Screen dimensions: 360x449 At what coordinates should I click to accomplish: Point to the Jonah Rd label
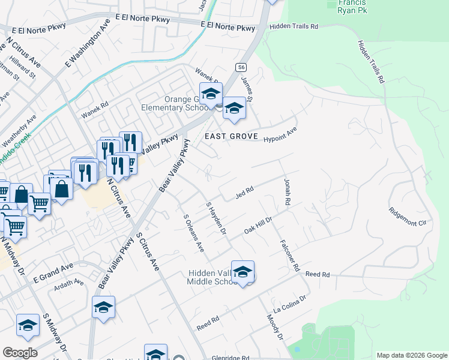286,194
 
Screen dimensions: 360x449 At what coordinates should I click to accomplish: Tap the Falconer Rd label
289,256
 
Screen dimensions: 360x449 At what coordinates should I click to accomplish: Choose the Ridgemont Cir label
411,217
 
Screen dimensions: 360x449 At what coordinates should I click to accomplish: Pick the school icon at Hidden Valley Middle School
243,272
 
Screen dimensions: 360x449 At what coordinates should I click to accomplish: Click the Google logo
20,353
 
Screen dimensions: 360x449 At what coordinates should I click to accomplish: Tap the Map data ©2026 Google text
411,355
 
